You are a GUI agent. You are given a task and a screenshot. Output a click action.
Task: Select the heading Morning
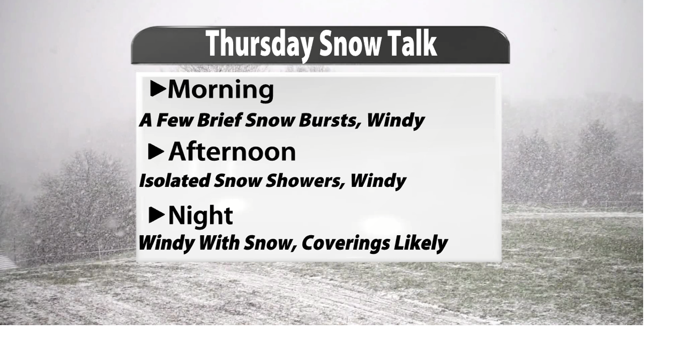221,89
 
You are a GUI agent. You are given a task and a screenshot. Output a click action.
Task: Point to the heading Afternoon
232,152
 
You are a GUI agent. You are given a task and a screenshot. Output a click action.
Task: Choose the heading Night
200,215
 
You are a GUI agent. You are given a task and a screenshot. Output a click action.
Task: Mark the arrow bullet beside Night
156,215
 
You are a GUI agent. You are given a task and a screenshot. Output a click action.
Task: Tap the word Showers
307,181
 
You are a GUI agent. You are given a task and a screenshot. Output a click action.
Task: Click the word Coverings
345,243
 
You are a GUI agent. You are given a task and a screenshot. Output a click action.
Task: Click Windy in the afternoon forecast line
378,181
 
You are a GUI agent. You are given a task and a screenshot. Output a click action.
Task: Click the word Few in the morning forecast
175,120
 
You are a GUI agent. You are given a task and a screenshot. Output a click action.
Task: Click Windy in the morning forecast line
396,120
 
